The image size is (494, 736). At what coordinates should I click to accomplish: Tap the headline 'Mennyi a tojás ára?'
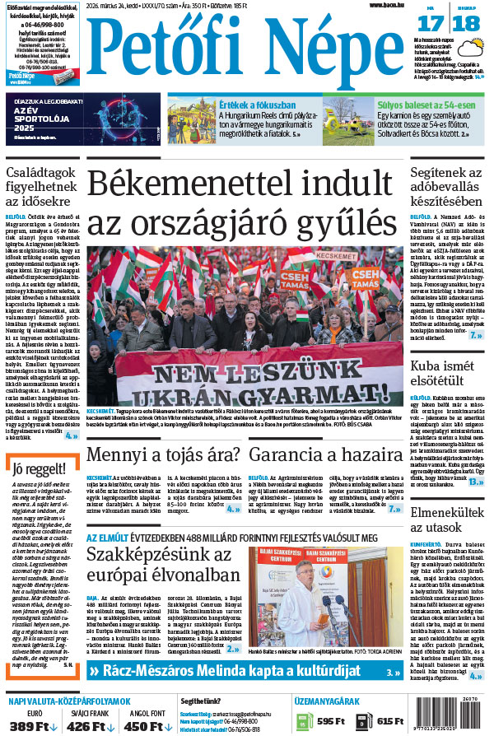tap(163, 454)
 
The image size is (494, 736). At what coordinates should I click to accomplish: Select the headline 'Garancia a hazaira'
tap(324, 454)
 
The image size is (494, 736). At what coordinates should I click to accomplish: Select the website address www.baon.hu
tap(387, 5)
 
